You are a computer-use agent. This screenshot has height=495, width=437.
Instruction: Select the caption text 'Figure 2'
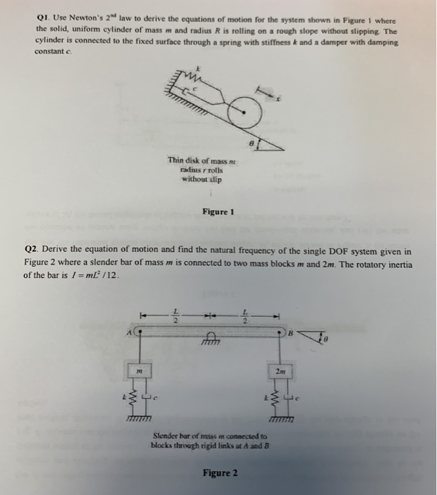[220, 472]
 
